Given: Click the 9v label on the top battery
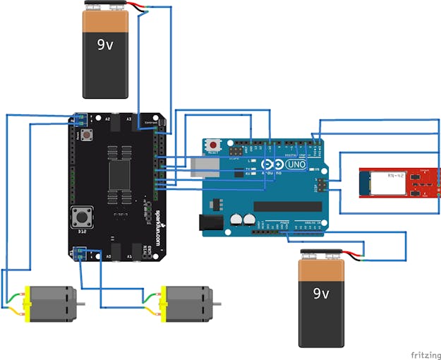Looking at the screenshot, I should point(105,44).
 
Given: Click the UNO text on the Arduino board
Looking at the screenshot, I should point(296,164).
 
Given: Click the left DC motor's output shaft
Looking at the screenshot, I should point(82,304).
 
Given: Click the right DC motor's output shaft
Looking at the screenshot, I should point(217,304).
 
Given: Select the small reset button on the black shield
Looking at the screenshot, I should point(88,134).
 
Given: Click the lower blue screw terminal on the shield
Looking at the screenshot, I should point(80,252).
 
